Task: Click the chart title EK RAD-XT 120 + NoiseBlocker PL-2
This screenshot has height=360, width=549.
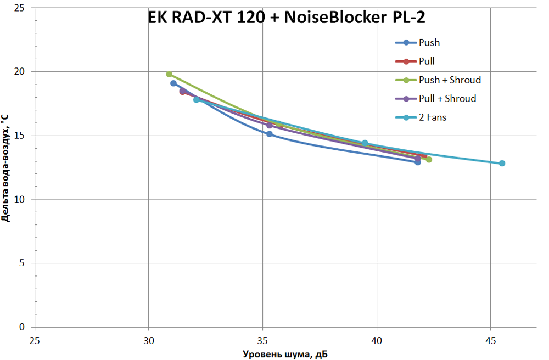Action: click(287, 18)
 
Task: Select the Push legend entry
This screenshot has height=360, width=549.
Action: click(429, 42)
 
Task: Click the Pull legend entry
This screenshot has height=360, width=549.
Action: click(427, 61)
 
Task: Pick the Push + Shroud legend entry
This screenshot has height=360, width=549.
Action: click(449, 80)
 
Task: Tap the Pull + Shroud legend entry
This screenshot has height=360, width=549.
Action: click(447, 99)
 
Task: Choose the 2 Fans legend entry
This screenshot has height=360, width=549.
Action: click(432, 117)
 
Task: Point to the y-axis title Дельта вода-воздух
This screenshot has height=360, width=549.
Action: click(6, 168)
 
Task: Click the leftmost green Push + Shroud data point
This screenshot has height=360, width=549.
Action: click(169, 74)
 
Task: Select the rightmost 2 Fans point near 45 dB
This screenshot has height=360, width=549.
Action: click(502, 163)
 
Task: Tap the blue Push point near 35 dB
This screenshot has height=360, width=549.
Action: click(270, 134)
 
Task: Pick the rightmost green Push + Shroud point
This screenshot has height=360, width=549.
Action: click(429, 160)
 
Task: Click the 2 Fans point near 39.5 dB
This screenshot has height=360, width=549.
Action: click(365, 143)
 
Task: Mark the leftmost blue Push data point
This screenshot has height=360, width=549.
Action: click(173, 83)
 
